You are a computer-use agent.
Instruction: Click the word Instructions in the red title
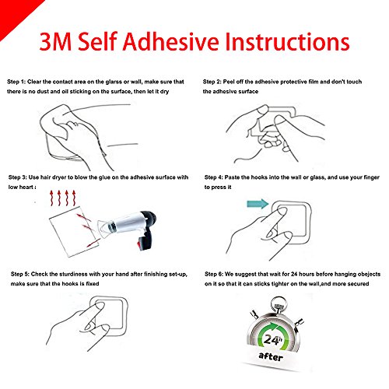287,41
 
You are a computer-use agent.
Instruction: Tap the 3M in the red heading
55,41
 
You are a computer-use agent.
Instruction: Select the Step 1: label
16,82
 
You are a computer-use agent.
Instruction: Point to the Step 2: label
212,82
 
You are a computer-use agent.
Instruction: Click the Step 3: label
18,177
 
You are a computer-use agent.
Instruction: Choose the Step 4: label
214,177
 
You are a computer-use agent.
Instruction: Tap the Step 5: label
20,274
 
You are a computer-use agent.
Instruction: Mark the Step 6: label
214,274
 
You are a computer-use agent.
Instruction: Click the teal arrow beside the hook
258,204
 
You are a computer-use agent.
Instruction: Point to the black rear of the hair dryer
149,220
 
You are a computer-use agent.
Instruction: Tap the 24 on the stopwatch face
272,339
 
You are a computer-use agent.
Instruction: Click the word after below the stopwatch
271,356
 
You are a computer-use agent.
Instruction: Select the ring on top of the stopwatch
279,301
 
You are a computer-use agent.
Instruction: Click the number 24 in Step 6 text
294,274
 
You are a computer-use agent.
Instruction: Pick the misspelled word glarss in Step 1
114,82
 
